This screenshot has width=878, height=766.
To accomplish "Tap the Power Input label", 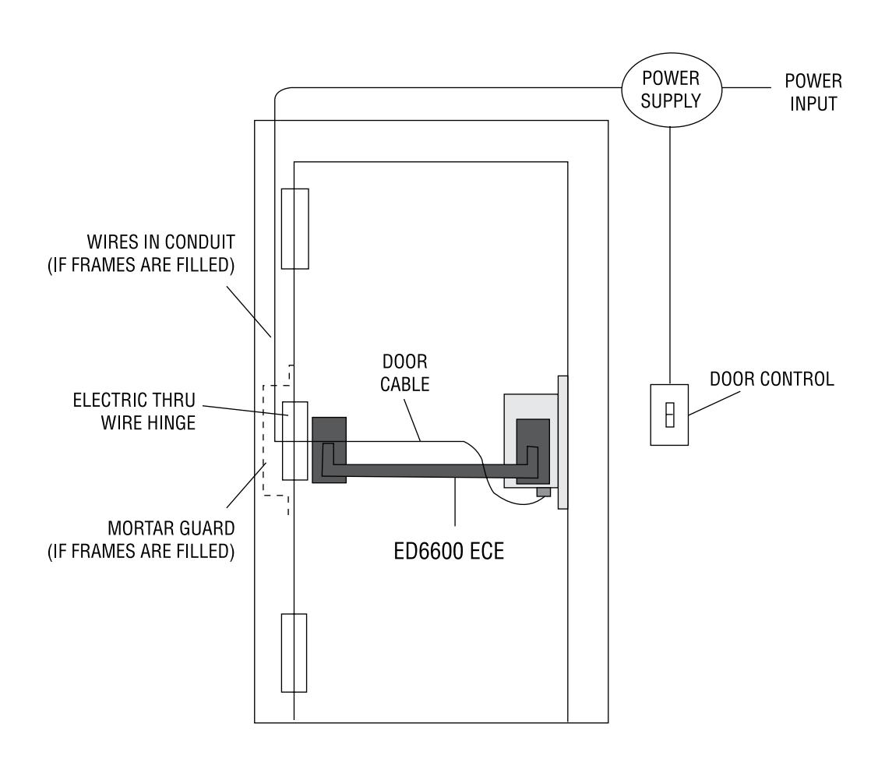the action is click(x=813, y=93).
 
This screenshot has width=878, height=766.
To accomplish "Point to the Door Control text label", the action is click(x=771, y=379).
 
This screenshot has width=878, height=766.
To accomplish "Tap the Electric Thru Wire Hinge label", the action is click(x=134, y=411).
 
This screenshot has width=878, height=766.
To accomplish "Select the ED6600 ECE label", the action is click(x=449, y=552).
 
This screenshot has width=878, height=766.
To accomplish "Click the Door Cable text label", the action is click(x=405, y=373).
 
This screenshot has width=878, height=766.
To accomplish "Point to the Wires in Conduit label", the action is click(x=141, y=253).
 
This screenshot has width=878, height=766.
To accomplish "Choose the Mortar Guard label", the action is click(x=141, y=540).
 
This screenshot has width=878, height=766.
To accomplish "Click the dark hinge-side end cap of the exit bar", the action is click(x=329, y=450).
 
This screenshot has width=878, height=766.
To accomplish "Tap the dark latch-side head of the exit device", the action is click(x=533, y=451).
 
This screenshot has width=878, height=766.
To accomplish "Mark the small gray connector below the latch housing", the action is click(x=544, y=492).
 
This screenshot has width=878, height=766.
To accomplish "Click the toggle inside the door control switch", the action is click(x=670, y=415).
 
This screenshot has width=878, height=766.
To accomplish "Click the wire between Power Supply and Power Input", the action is click(x=746, y=88).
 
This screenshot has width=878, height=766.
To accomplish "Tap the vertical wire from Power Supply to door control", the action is click(x=670, y=256).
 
